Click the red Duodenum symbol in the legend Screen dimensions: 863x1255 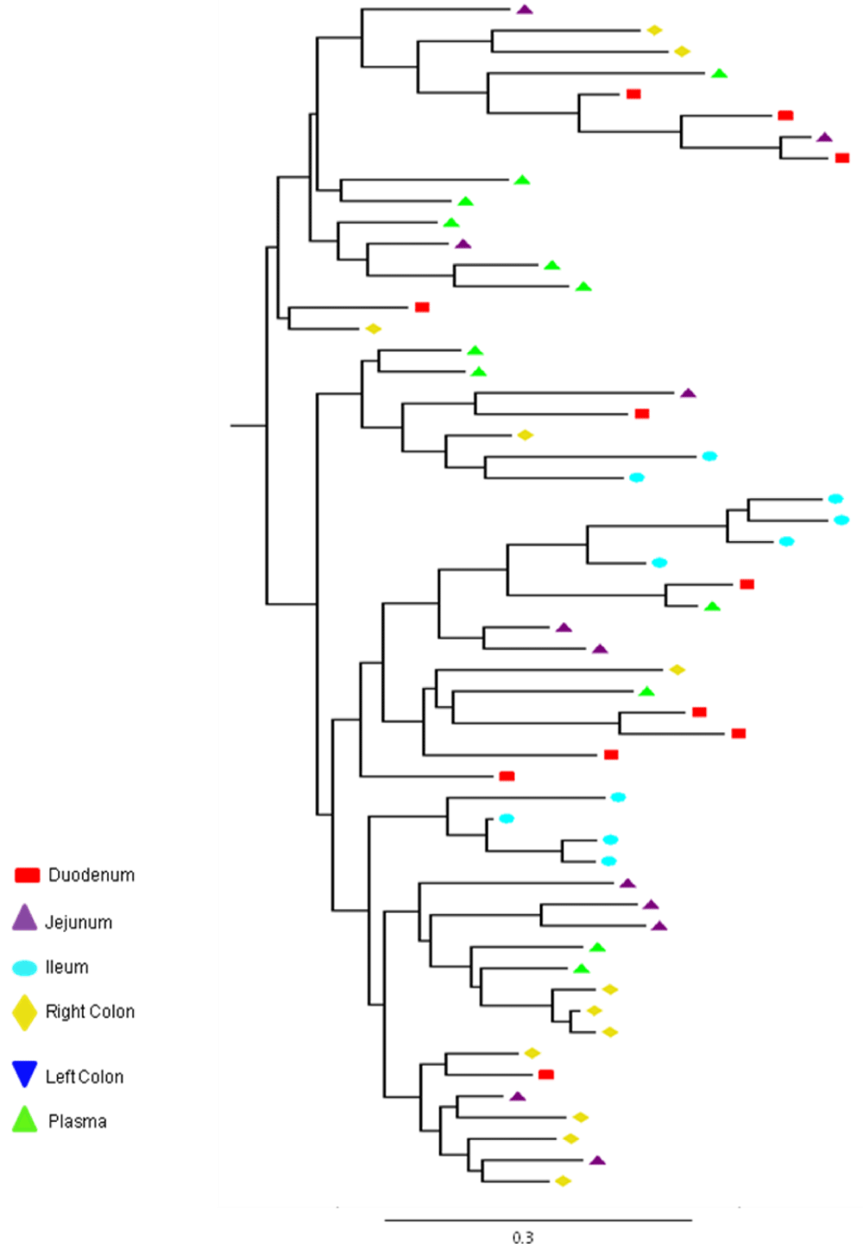[27, 875]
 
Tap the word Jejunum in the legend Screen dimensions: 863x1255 [79, 922]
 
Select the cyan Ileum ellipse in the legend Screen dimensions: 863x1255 [25, 968]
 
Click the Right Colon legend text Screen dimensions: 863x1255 [90, 1012]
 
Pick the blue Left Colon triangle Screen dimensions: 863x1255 [25, 1072]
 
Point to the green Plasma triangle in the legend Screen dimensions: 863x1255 [25, 1120]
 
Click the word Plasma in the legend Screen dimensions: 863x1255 [78, 1121]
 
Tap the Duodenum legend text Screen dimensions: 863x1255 [91, 875]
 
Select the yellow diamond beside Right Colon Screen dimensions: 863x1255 [25, 1012]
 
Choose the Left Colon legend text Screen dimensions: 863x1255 [84, 1076]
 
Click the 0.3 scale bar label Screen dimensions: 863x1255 [522, 1237]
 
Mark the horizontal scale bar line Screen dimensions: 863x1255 [538, 1220]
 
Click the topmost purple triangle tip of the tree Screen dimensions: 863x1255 [524, 9]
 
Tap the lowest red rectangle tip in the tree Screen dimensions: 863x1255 [546, 1075]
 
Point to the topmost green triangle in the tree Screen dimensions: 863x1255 [719, 73]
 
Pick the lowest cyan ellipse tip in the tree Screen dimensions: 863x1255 [608, 861]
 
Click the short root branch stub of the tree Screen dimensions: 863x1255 [248, 426]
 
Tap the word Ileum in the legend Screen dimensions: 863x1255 [66, 968]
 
